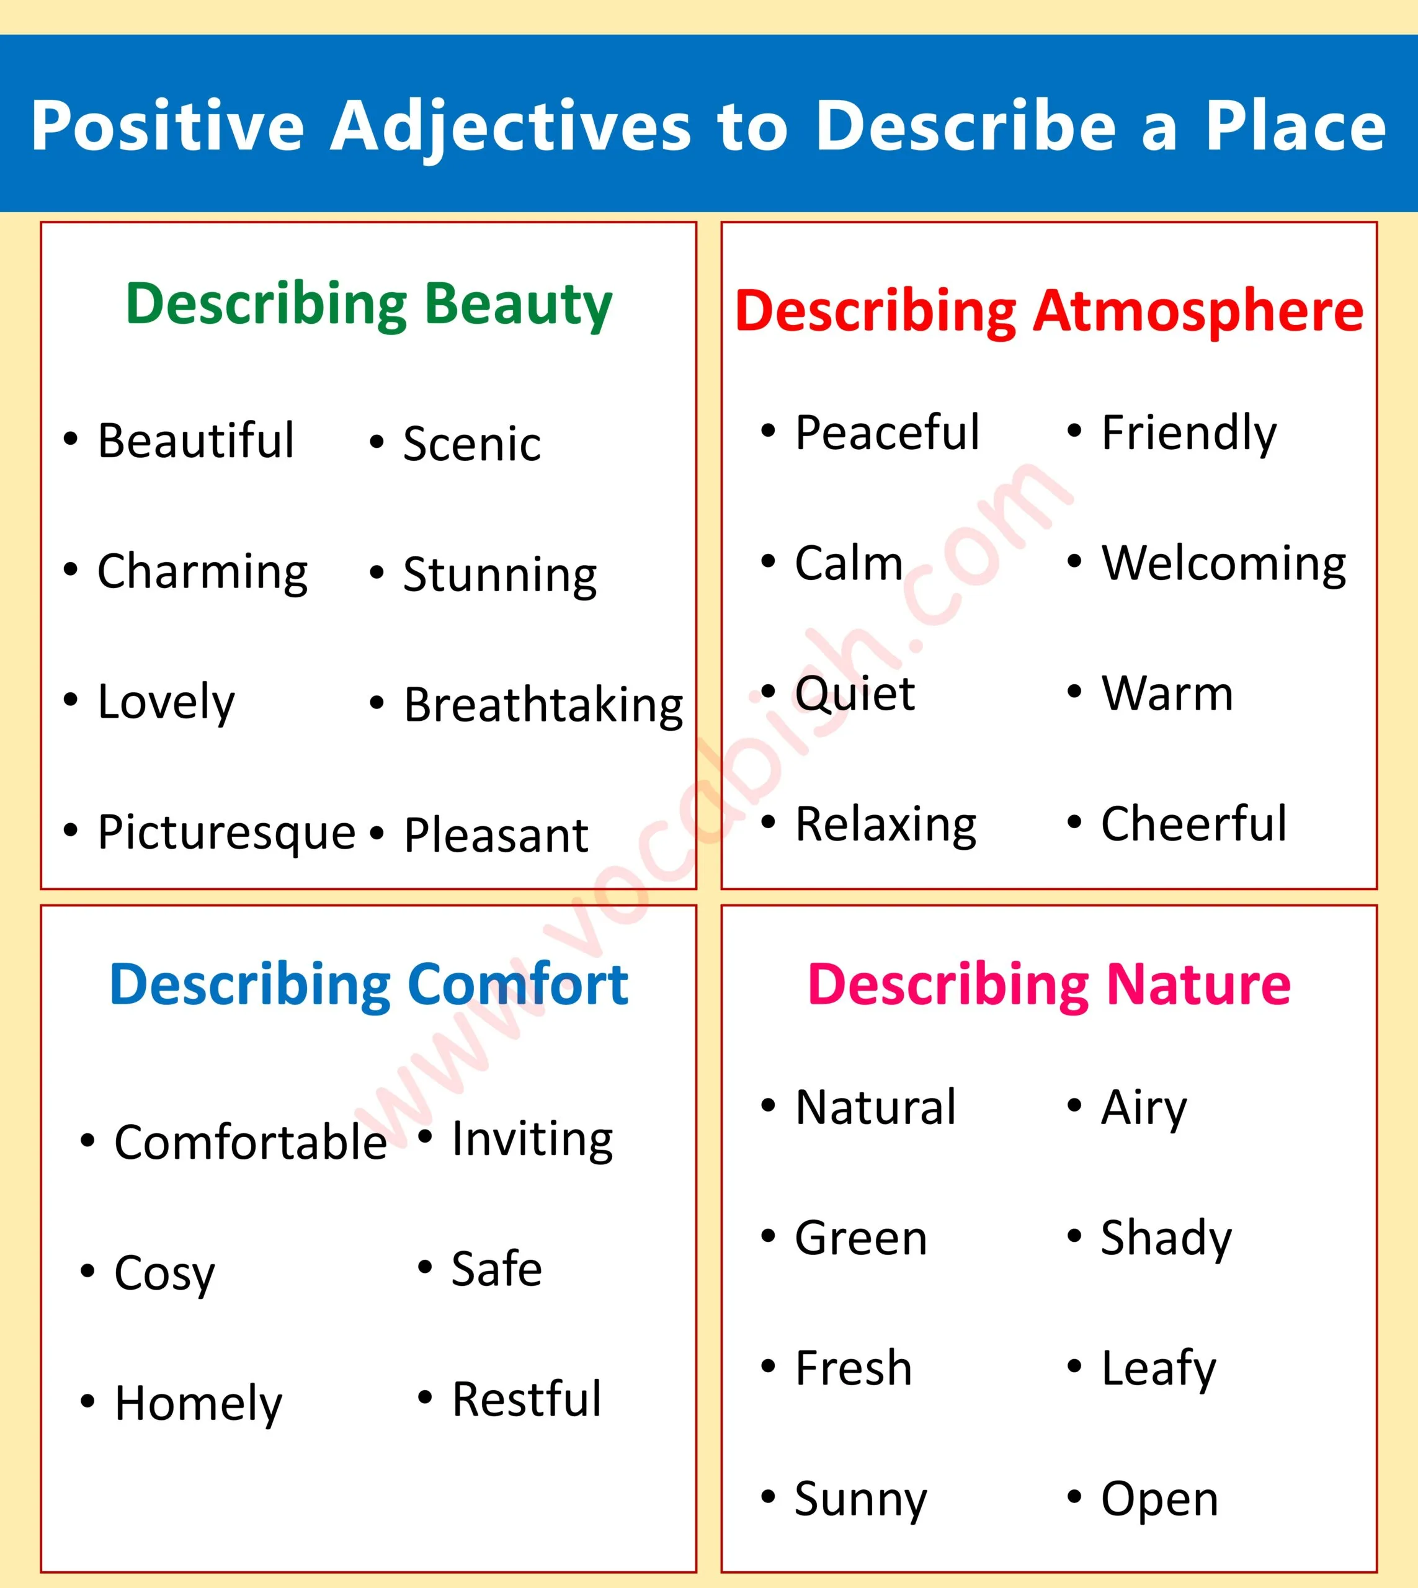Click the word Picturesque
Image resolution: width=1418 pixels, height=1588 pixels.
pyautogui.click(x=226, y=833)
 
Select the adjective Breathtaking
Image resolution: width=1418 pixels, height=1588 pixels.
pyautogui.click(x=543, y=705)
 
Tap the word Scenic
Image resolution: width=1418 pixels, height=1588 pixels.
pyautogui.click(x=471, y=444)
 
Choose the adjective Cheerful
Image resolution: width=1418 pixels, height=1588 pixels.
pyautogui.click(x=1193, y=824)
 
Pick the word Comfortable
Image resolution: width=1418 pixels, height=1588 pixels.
pyautogui.click(x=250, y=1142)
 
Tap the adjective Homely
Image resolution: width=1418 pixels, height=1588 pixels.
pyautogui.click(x=198, y=1403)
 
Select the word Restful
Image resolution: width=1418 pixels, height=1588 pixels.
pyautogui.click(x=527, y=1399)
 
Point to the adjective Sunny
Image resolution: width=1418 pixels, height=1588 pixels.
pyautogui.click(x=861, y=1499)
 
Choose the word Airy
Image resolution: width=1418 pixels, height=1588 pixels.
pyautogui.click(x=1144, y=1107)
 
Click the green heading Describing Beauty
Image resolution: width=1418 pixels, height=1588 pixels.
pyautogui.click(x=368, y=304)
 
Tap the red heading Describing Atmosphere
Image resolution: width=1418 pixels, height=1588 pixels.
pyautogui.click(x=1049, y=311)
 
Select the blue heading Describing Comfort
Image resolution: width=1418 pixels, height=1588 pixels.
pyautogui.click(x=368, y=985)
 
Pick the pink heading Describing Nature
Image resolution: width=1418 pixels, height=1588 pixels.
pyautogui.click(x=1049, y=985)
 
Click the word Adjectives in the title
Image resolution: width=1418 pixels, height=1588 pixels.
pyautogui.click(x=511, y=126)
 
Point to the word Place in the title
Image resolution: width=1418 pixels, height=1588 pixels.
pyautogui.click(x=1296, y=126)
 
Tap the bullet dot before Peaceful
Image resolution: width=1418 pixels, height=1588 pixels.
pyautogui.click(x=768, y=430)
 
